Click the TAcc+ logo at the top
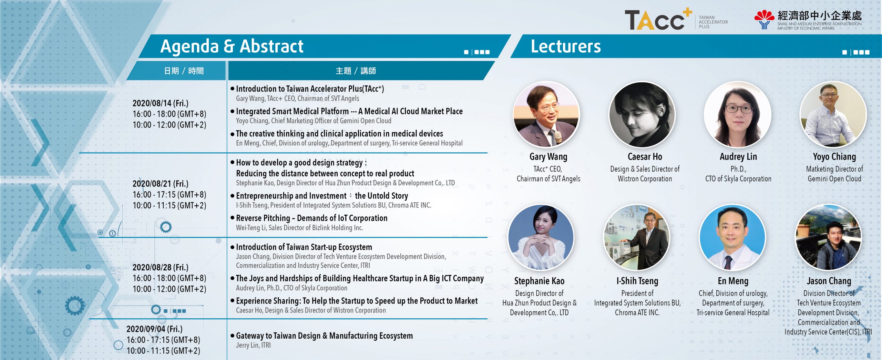[658, 19]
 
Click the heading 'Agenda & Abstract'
[232, 46]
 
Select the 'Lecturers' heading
[566, 46]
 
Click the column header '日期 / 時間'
[184, 71]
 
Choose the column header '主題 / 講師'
[356, 71]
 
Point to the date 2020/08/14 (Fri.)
[161, 103]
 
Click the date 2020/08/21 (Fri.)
[161, 184]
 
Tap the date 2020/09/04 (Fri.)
[154, 329]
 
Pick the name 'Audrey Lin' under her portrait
[738, 157]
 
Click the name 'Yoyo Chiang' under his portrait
[834, 157]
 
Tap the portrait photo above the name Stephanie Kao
[541, 238]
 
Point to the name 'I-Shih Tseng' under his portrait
[637, 281]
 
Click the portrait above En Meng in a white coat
[733, 238]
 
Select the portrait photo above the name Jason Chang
[828, 238]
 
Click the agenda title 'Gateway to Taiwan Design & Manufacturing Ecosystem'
[324, 336]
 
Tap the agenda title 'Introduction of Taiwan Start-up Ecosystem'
[304, 247]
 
